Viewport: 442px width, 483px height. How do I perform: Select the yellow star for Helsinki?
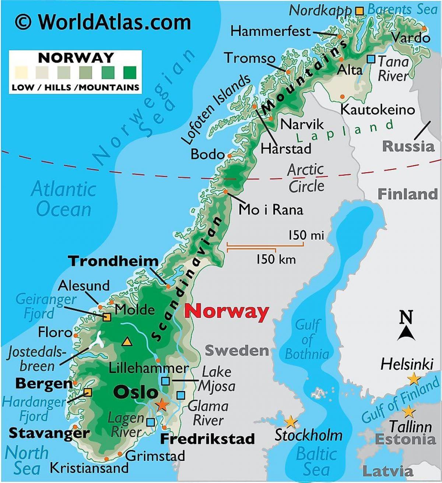(413, 379)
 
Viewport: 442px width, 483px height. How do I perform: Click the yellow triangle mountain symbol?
(127, 342)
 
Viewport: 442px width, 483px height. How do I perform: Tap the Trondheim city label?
(113, 261)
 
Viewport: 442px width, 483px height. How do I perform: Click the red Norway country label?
(227, 311)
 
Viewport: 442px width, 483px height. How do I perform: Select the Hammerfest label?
(271, 31)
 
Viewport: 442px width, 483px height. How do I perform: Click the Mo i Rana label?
(271, 210)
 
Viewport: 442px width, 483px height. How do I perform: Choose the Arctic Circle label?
(306, 178)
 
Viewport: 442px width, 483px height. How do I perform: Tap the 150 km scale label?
(276, 259)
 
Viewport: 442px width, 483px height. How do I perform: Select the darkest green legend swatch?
(130, 73)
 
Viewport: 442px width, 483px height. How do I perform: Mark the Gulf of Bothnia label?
(307, 340)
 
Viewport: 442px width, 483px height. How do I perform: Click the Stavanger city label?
(49, 433)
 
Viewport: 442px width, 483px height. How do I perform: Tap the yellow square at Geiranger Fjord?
(107, 317)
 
